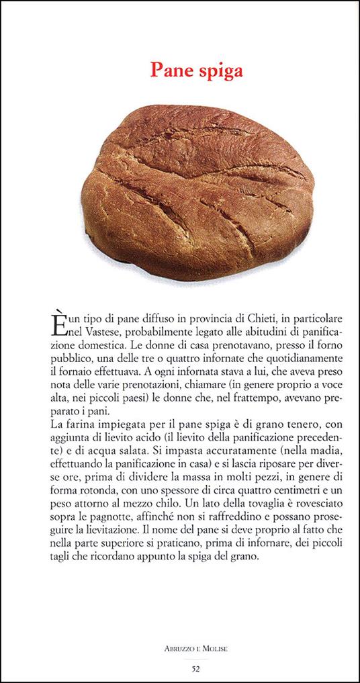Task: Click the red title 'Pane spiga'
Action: point(196,70)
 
